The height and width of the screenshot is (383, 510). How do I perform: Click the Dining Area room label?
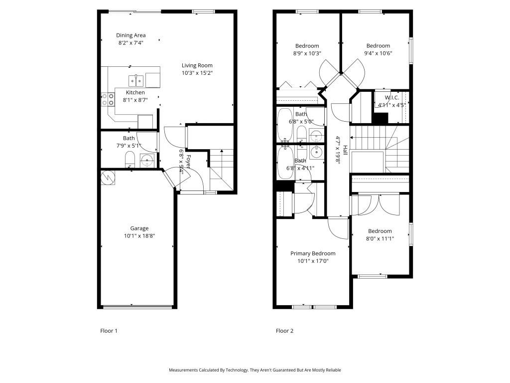(131, 35)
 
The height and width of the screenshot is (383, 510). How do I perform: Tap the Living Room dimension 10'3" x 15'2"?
(197, 73)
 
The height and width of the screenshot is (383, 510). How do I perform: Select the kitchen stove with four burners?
(108, 100)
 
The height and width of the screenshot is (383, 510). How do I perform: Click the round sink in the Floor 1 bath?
(147, 160)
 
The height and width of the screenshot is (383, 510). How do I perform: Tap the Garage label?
(139, 228)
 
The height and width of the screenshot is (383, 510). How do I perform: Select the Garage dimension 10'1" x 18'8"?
(139, 236)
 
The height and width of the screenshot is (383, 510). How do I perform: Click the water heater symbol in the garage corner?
(108, 177)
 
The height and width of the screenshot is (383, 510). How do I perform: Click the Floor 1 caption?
(109, 331)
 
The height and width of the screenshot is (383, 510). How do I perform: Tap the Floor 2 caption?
(284, 331)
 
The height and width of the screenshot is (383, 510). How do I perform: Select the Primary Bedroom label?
(313, 253)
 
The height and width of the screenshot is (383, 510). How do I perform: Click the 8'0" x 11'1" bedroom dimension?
(380, 238)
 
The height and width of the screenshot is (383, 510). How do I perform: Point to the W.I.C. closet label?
(392, 98)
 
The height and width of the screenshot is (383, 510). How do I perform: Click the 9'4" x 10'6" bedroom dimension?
(378, 53)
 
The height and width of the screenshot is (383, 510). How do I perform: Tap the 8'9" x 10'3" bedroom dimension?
(307, 53)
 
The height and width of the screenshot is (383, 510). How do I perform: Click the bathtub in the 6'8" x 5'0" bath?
(285, 124)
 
